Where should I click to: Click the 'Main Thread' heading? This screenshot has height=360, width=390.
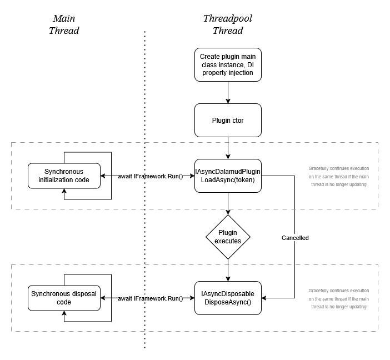[64, 24]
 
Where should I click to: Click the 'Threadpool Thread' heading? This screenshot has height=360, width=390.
[227, 24]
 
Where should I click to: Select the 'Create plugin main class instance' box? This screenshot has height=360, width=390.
[228, 65]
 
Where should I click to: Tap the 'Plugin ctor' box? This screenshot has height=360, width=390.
[228, 120]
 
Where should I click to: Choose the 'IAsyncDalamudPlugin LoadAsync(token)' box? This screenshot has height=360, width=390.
[228, 176]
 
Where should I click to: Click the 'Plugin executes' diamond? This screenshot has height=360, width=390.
[228, 238]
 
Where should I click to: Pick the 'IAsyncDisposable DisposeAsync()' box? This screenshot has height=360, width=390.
[228, 298]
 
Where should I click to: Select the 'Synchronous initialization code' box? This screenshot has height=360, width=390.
[63, 176]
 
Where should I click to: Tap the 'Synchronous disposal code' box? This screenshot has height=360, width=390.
[63, 298]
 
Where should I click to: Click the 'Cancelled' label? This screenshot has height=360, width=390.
[295, 238]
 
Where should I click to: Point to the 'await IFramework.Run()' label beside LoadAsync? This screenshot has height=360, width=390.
[150, 176]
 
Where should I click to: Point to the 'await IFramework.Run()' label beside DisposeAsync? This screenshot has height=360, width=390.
[150, 299]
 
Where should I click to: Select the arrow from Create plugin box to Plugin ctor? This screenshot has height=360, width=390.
[228, 92]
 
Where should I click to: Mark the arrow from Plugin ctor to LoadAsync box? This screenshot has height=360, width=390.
[228, 148]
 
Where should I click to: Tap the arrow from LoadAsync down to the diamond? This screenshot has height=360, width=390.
[228, 204]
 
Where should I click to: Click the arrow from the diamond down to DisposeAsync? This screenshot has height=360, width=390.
[228, 271]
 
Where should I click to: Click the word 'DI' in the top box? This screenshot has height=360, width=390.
[251, 65]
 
